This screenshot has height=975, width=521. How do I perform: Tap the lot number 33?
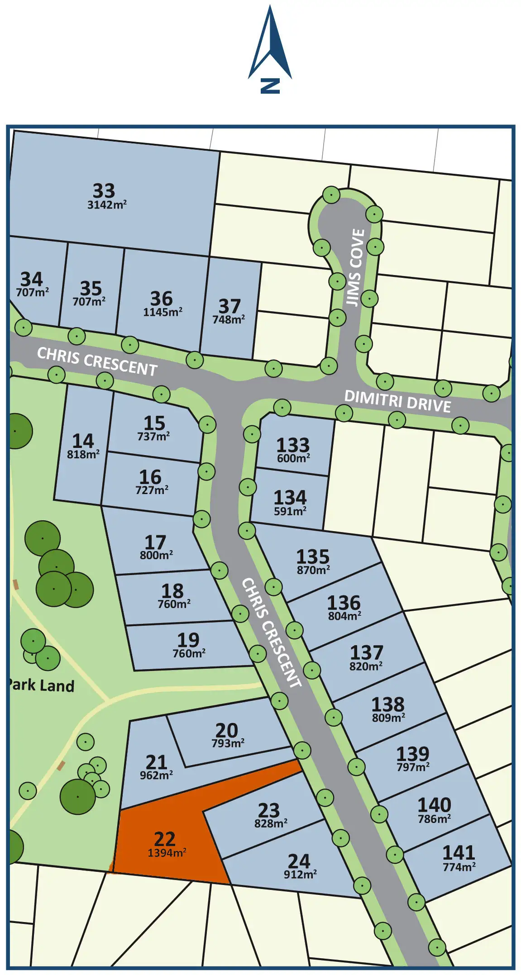click(x=104, y=190)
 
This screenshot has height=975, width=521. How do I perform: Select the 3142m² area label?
click(x=107, y=205)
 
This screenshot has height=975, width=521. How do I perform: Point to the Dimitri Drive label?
click(x=397, y=401)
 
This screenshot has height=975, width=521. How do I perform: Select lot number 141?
click(x=458, y=853)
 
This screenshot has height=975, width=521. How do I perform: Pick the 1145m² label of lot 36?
click(x=163, y=312)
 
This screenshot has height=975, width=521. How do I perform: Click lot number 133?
click(x=293, y=445)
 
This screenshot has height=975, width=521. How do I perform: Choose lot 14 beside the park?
click(x=83, y=441)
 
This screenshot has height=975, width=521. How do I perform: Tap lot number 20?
click(x=226, y=730)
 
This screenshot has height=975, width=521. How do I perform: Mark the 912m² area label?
click(x=300, y=875)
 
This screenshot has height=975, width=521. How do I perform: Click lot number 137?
click(x=366, y=652)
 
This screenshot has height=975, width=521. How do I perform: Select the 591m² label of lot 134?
click(x=290, y=511)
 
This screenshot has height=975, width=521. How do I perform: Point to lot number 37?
click(x=229, y=306)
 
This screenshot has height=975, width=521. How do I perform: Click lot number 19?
click(x=188, y=640)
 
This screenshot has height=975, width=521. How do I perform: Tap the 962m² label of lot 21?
click(x=156, y=775)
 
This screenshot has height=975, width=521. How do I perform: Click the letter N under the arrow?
click(x=270, y=86)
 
